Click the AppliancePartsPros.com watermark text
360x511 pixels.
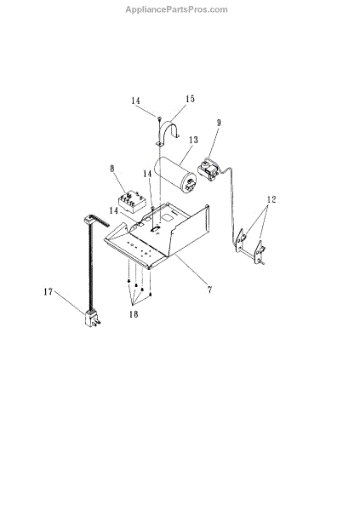pos(176,9)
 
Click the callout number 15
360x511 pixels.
pos(190,99)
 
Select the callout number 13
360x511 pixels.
pos(193,140)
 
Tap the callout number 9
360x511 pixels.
pos(219,123)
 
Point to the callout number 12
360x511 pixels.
pos(271,199)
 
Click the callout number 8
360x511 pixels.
pos(112,169)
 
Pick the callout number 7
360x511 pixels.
pos(210,289)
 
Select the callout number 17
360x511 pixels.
pos(49,291)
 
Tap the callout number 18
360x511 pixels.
pos(134,314)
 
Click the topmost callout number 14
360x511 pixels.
pos(136,100)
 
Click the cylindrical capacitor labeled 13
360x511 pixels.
pos(176,175)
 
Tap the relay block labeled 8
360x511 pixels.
pos(130,202)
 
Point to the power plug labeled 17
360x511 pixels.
pos(91,319)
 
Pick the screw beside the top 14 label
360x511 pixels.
pos(159,118)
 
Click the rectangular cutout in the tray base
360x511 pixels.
pos(169,217)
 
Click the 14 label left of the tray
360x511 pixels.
pos(114,210)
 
